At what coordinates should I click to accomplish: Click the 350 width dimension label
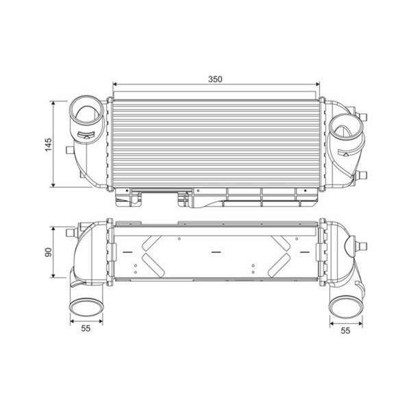(x=215, y=79)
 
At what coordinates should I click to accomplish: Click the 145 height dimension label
(x=49, y=145)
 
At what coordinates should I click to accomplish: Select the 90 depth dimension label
(x=49, y=252)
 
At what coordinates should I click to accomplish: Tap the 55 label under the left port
(x=86, y=328)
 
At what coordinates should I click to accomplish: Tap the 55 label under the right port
(x=345, y=331)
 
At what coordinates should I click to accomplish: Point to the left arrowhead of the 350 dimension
(x=114, y=84)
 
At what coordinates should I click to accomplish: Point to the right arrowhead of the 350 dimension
(x=318, y=84)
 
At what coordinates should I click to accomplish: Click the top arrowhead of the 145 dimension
(x=53, y=103)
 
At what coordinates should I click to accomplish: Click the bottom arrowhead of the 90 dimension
(x=53, y=275)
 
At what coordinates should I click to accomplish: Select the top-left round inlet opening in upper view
(x=86, y=110)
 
